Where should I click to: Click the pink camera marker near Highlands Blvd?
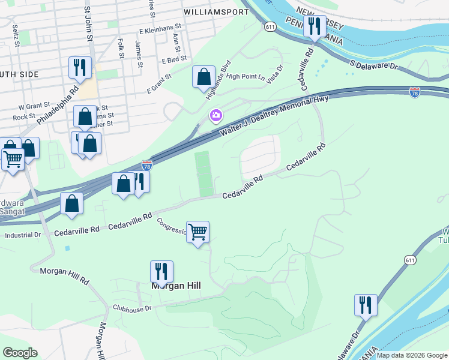[215, 115]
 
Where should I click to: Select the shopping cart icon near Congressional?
[197, 231]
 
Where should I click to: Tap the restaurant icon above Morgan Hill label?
[161, 271]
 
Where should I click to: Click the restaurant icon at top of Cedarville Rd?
[314, 26]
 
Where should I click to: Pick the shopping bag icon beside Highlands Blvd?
[203, 77]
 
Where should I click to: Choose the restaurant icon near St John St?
[80, 68]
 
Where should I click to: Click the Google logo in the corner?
[20, 353]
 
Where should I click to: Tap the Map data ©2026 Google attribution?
[412, 355]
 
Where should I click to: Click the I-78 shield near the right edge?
[414, 92]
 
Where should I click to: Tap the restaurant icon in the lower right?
[365, 305]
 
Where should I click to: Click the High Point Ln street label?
[246, 76]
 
